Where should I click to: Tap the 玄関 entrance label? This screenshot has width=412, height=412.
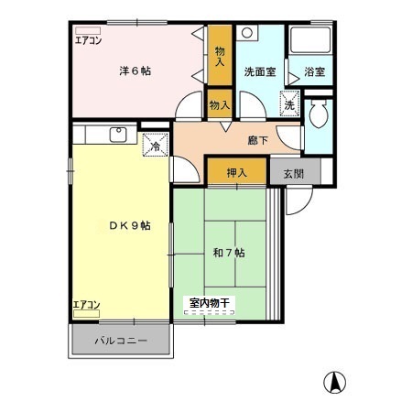tap(293, 173)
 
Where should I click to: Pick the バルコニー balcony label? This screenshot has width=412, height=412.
tap(121, 342)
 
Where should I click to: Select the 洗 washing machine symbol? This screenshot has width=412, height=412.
tap(289, 105)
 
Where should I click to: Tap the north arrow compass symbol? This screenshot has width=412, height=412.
tap(335, 383)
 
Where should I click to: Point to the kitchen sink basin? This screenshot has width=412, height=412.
tap(117, 135)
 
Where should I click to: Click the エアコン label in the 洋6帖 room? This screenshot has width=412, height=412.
tap(88, 39)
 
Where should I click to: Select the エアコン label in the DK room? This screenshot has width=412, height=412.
tap(87, 305)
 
